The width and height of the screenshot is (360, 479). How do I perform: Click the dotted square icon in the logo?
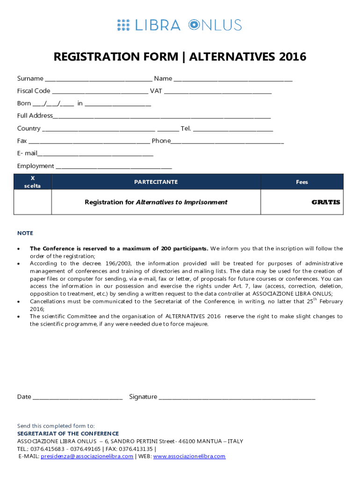click(x=123, y=25)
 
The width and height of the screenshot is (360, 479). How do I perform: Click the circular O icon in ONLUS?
click(x=194, y=25)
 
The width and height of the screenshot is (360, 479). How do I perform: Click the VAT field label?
click(x=156, y=91)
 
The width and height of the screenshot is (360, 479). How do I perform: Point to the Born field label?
click(x=24, y=103)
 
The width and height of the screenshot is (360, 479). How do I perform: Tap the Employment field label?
click(x=36, y=166)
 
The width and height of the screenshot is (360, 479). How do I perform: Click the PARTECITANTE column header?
click(x=156, y=182)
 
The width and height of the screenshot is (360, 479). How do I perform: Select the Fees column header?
click(x=302, y=182)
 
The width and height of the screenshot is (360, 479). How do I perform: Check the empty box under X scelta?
click(x=32, y=202)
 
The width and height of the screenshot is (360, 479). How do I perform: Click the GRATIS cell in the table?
click(x=326, y=203)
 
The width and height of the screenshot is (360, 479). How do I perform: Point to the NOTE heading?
click(x=25, y=233)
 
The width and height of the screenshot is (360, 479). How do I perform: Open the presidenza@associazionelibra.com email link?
click(x=87, y=456)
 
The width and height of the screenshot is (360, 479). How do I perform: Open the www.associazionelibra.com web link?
click(x=189, y=456)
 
